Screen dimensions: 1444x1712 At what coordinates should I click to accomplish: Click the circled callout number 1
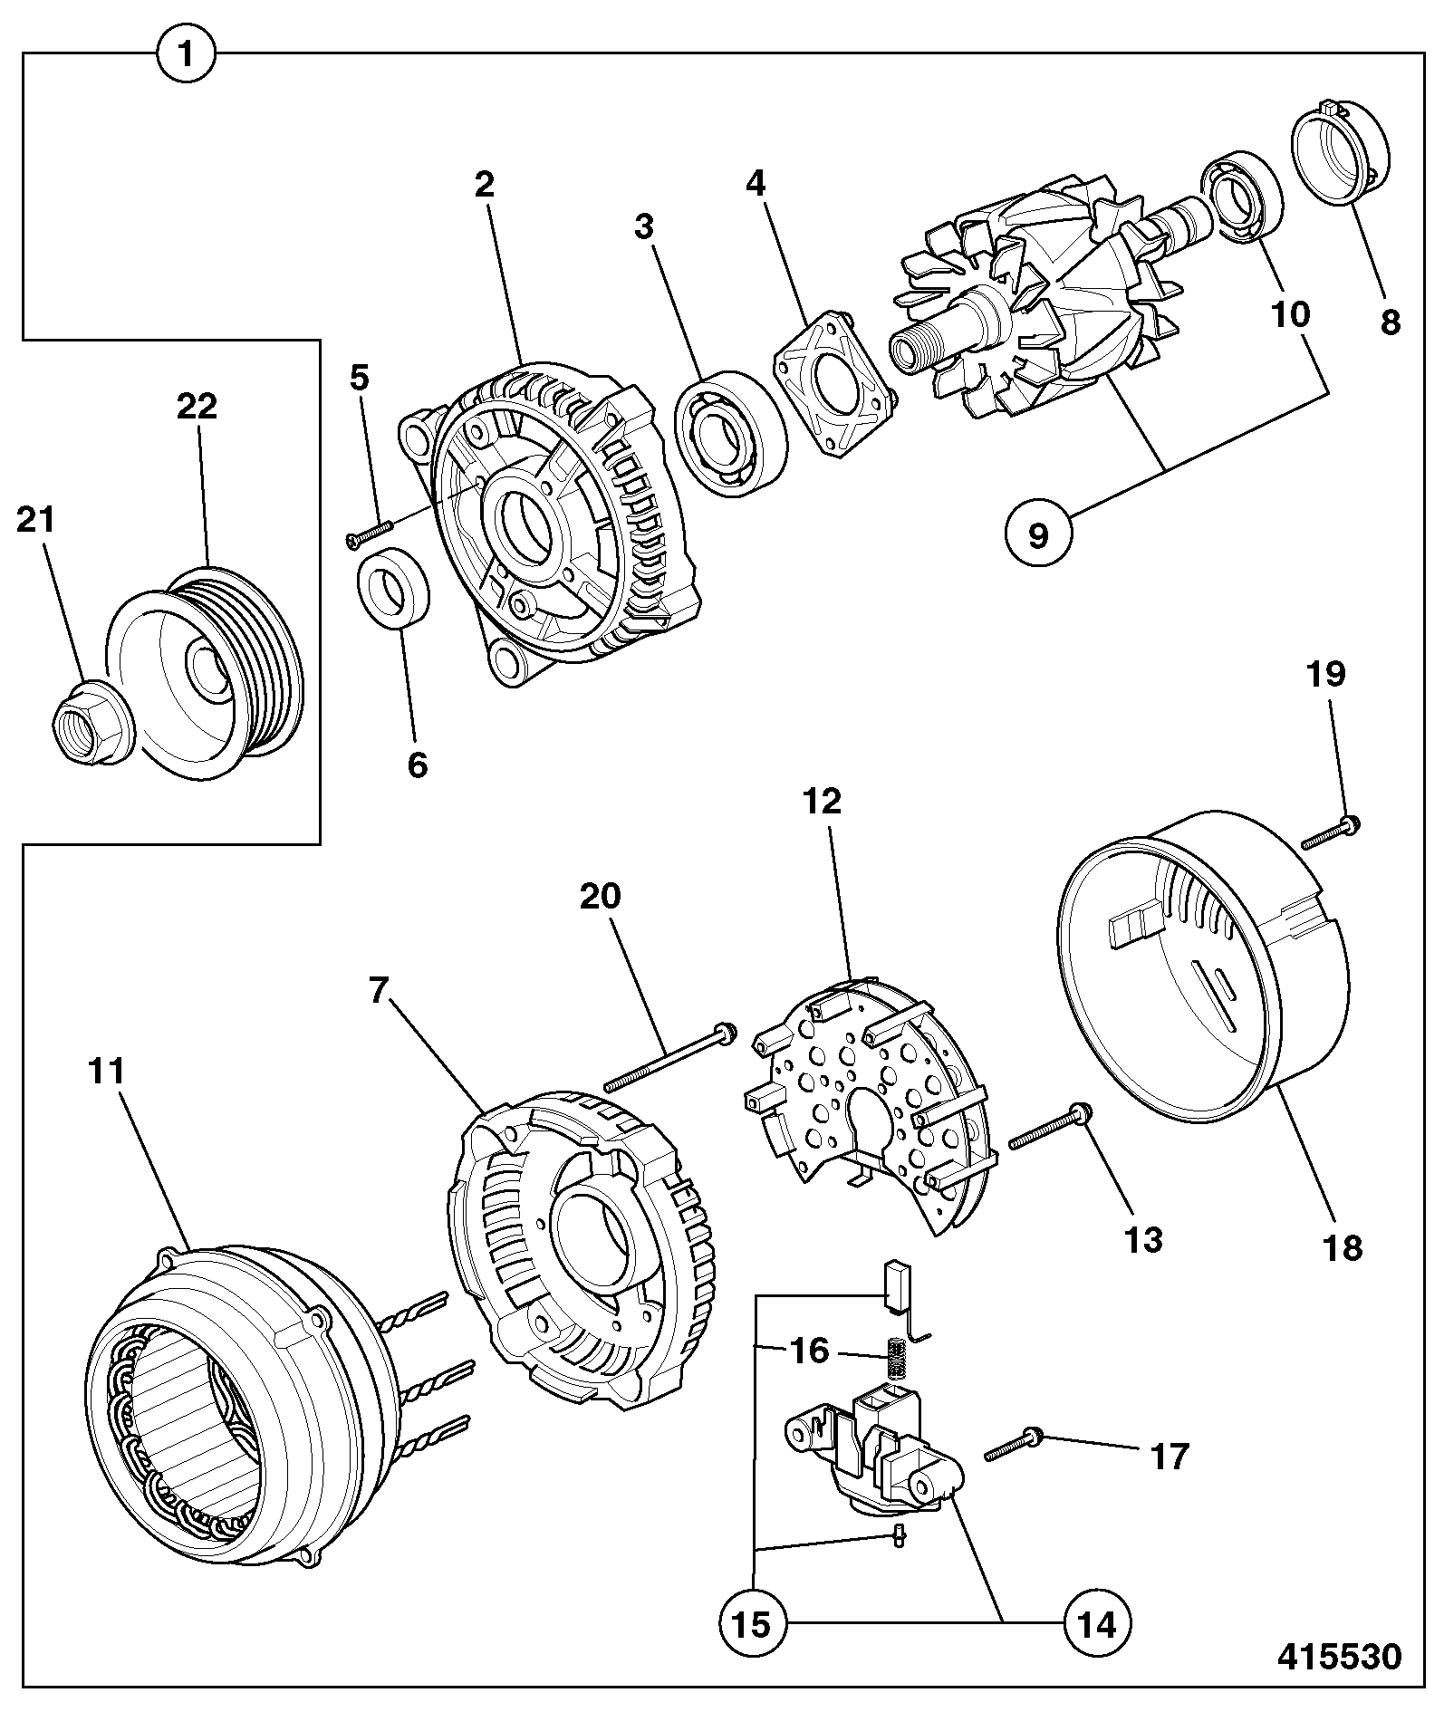tap(186, 54)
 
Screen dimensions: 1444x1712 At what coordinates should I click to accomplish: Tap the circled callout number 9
tap(1038, 535)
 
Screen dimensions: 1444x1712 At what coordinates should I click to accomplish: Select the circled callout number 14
tap(1099, 1624)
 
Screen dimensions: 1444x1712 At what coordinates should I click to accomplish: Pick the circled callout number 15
tap(753, 1624)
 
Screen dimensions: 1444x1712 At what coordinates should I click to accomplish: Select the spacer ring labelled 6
tap(395, 587)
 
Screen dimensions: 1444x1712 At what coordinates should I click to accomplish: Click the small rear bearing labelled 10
tap(1242, 200)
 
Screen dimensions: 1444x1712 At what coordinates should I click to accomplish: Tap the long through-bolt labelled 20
tap(670, 1055)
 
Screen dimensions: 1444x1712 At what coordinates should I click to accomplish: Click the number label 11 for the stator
tap(106, 1072)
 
